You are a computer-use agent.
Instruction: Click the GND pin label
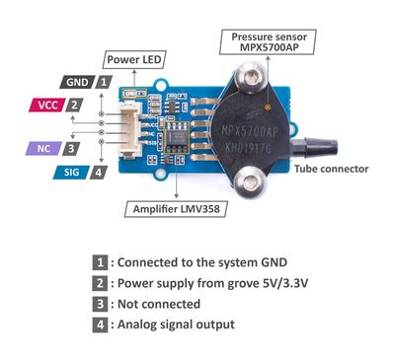coord(77,83)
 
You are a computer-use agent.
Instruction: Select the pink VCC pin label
coord(45,105)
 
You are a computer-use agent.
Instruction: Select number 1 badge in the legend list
coord(100,261)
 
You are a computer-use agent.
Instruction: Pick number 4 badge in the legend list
coord(100,324)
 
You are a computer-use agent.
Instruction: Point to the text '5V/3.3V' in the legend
coord(272,282)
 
